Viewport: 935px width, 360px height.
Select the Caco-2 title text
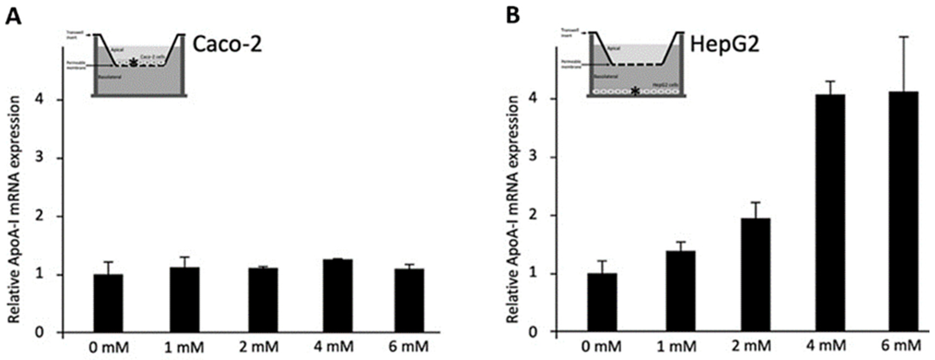tap(227, 46)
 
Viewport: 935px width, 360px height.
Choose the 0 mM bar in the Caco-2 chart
tap(108, 303)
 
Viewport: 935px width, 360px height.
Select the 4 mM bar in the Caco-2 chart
tap(338, 296)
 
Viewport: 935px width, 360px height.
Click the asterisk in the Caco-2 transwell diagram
tap(134, 63)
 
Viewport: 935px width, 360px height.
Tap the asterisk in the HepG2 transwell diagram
tap(635, 91)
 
